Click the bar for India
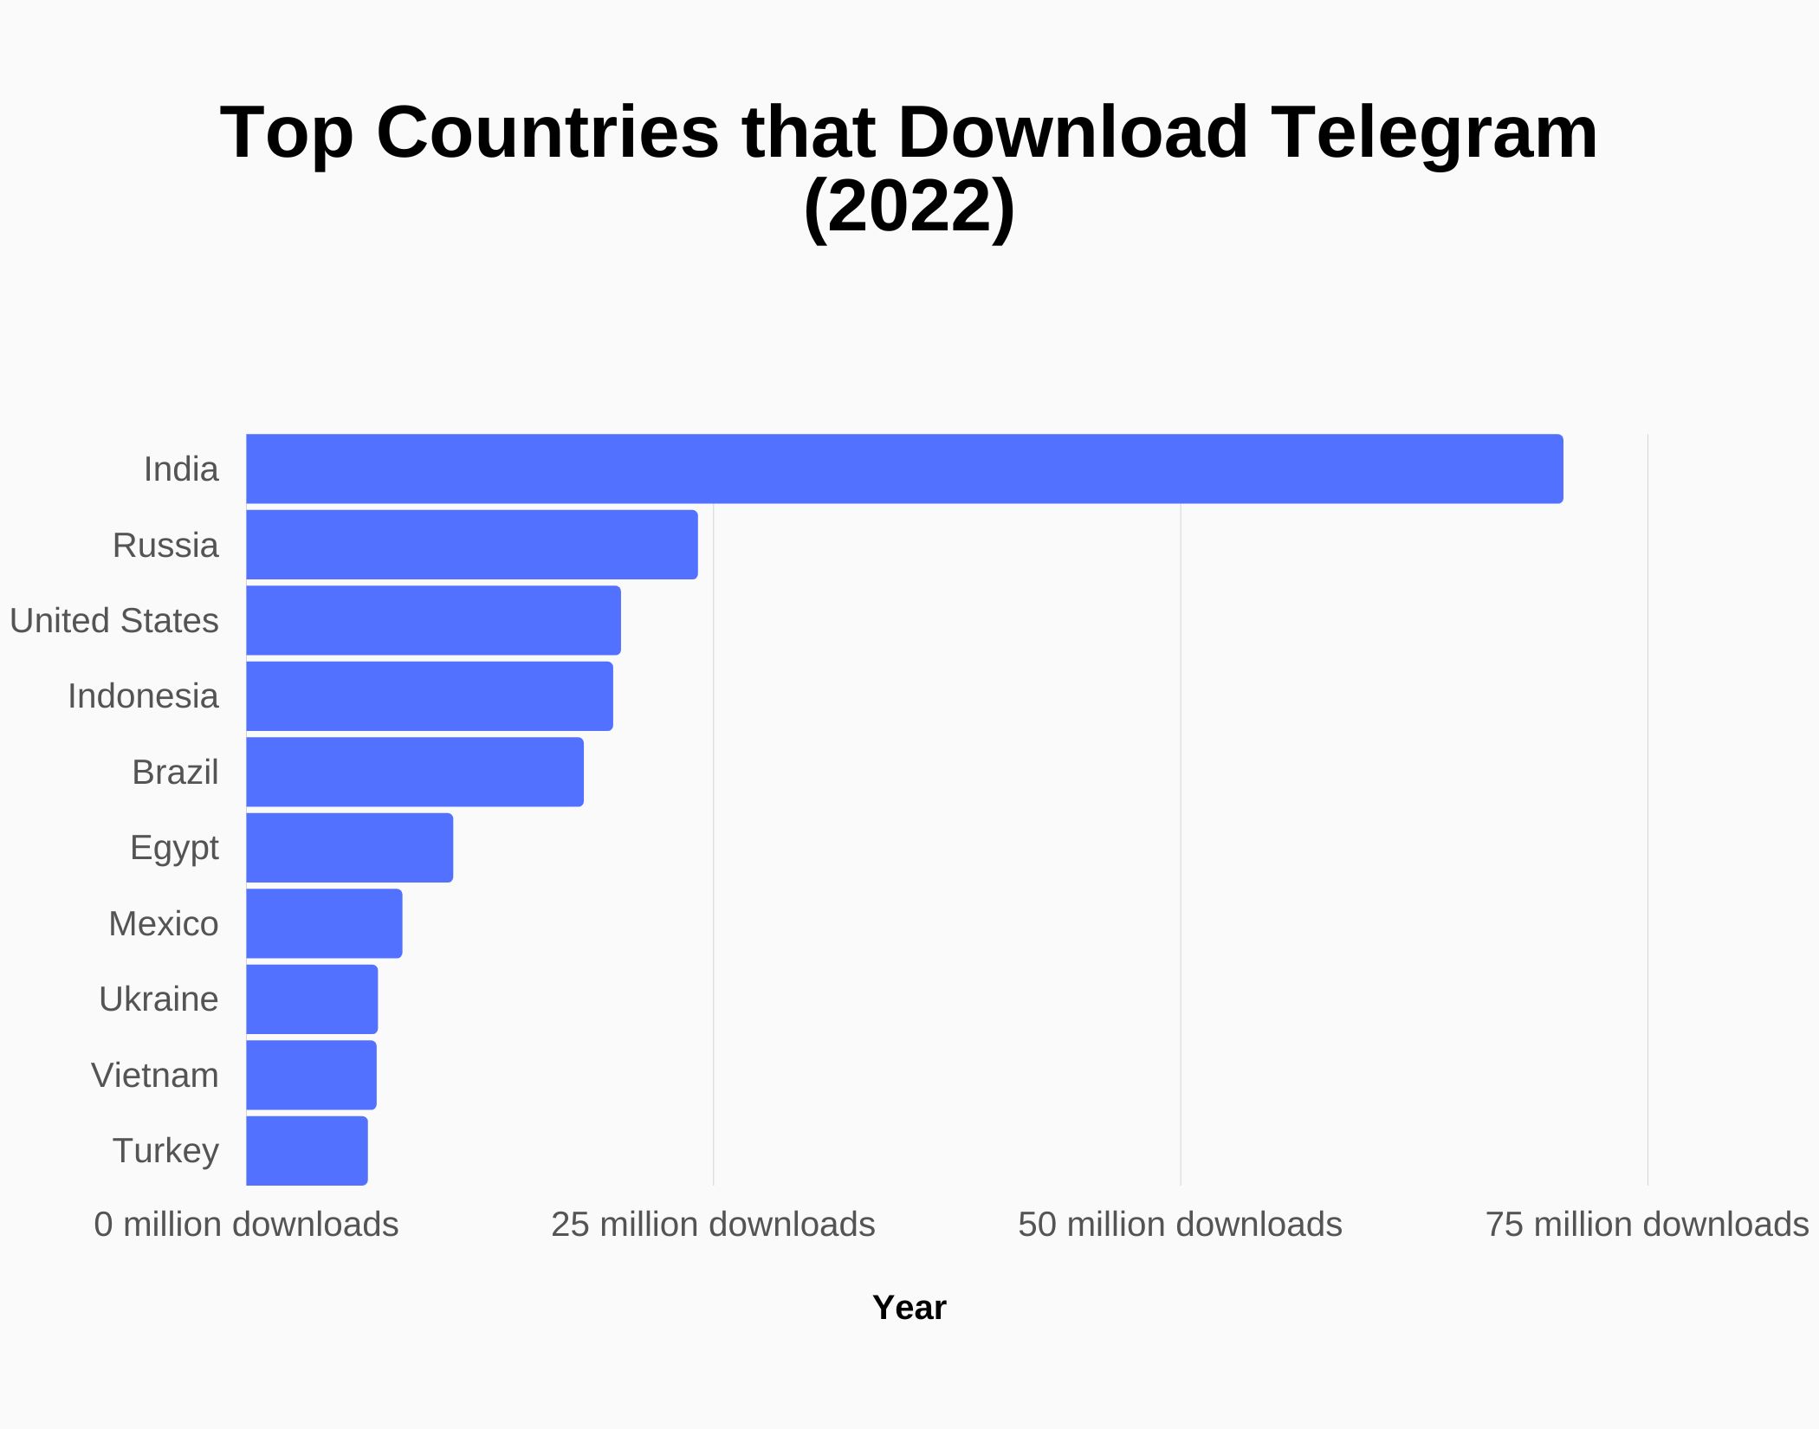tap(904, 469)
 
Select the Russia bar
tap(472, 545)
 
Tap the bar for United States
tap(433, 620)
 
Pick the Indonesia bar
tap(430, 696)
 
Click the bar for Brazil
tap(415, 772)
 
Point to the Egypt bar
tap(349, 848)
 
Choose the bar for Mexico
tap(324, 923)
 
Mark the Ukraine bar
tap(312, 999)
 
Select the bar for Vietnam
tap(311, 1075)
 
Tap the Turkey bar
tap(307, 1151)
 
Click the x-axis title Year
tap(909, 1308)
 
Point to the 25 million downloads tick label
tap(713, 1225)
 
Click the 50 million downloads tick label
tap(1180, 1225)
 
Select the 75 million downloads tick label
tap(1647, 1225)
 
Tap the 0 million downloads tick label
tap(246, 1225)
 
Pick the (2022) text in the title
tap(909, 206)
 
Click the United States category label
tap(114, 621)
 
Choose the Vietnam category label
tap(155, 1076)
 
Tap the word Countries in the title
tap(547, 133)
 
